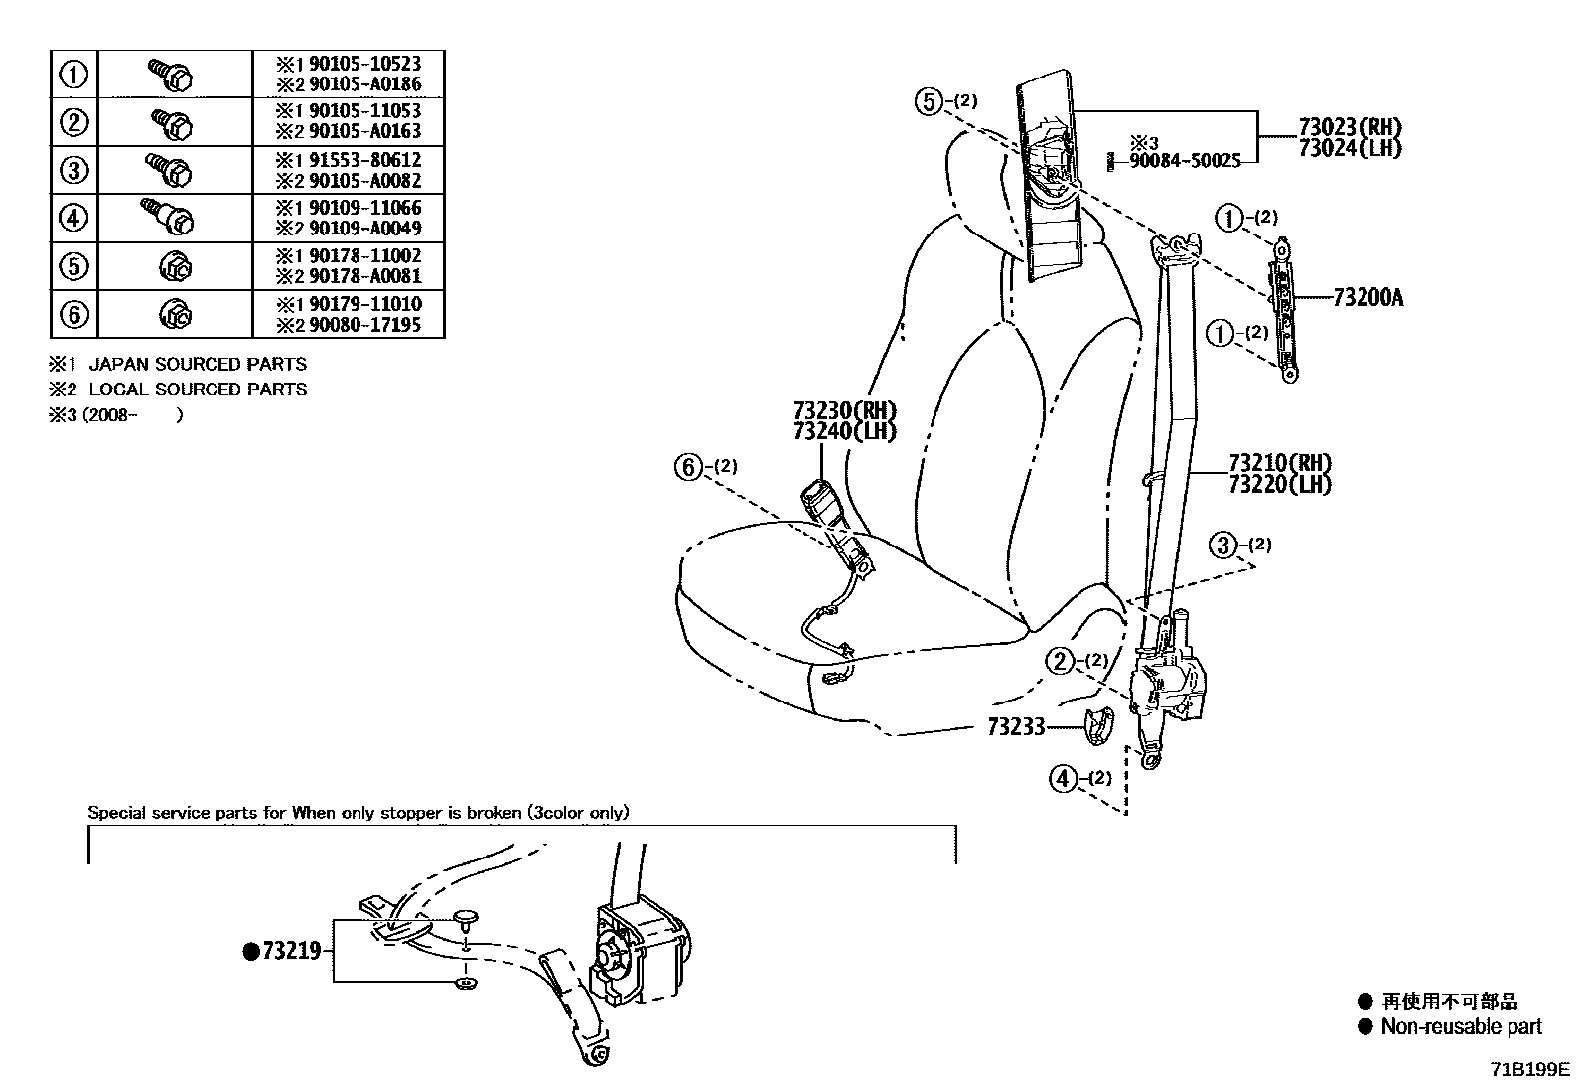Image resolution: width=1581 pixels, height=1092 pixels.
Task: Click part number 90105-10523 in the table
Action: [364, 64]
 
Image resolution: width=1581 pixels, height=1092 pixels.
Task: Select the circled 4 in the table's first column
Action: [74, 218]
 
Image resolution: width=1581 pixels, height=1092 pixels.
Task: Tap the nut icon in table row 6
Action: [176, 315]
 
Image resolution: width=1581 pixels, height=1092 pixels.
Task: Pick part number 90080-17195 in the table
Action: [364, 325]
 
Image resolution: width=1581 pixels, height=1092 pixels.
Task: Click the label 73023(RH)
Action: [1350, 127]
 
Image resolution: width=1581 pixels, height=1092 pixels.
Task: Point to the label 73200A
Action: [1367, 297]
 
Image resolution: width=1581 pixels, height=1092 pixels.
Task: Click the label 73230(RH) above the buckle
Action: [844, 410]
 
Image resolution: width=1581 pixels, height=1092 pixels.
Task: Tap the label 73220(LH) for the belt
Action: [1279, 484]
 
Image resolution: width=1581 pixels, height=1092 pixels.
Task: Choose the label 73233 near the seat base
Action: [1016, 727]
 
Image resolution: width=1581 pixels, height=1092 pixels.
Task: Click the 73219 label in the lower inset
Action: [291, 952]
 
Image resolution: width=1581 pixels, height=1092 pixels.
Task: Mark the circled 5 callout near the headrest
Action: [928, 101]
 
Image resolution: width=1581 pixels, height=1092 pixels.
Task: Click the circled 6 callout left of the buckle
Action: [689, 466]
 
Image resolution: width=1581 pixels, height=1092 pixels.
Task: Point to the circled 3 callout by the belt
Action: [1223, 545]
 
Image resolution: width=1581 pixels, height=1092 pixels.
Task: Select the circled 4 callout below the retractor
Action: [1063, 778]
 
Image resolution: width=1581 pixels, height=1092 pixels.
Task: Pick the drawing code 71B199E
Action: [1527, 1070]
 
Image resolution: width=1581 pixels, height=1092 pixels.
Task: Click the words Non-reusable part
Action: [1461, 1027]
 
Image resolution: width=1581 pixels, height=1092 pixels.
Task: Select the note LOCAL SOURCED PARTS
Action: [198, 390]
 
